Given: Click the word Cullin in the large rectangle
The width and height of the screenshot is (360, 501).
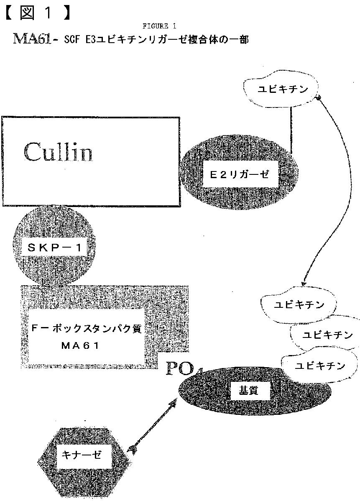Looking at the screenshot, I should tap(58, 152).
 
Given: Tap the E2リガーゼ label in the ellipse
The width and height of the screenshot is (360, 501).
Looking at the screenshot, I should tap(239, 176).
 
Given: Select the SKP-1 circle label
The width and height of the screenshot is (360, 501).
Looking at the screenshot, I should tap(56, 248).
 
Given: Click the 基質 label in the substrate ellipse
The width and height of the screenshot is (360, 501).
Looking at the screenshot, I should tap(248, 390).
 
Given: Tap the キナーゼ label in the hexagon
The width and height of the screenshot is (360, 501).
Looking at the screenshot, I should tap(81, 455).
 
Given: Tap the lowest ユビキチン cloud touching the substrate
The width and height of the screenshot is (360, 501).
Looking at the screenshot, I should tap(320, 366).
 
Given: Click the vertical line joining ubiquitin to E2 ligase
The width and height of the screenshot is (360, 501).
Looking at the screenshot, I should tap(291, 130).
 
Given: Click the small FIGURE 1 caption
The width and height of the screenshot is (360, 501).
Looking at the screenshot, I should tap(158, 26).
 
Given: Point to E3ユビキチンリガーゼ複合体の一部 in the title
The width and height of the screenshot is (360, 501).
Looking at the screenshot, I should tap(168, 40).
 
